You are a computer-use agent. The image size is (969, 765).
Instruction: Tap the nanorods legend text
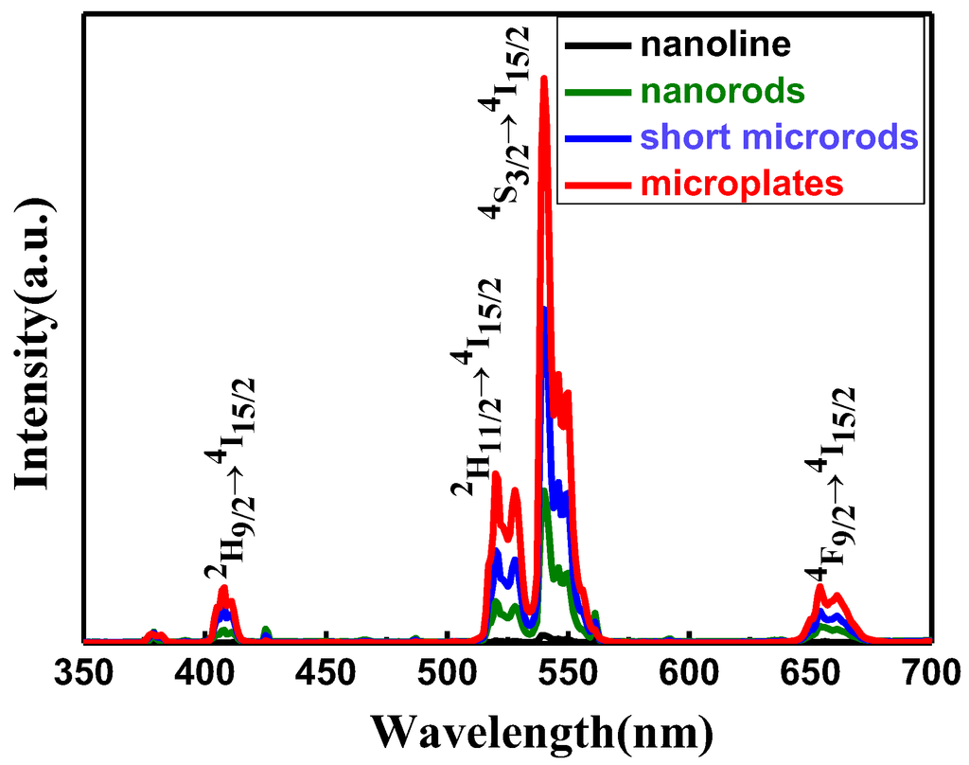[x=721, y=91]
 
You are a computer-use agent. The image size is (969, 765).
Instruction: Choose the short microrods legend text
[x=779, y=137]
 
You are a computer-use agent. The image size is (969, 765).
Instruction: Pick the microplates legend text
[x=741, y=183]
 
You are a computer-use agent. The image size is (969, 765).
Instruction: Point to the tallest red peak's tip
[x=544, y=79]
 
